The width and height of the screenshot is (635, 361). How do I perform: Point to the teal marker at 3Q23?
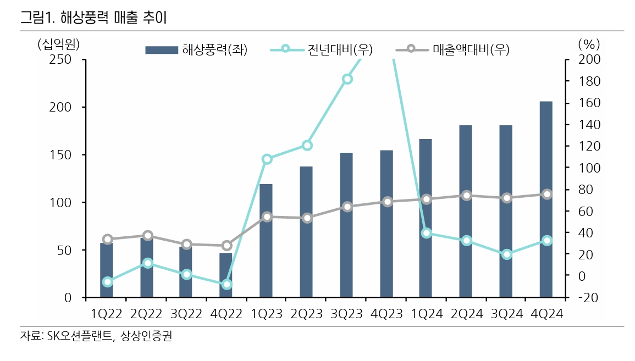coord(347,79)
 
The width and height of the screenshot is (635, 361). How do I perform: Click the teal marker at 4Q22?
coord(227,285)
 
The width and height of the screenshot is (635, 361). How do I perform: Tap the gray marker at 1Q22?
coord(108,239)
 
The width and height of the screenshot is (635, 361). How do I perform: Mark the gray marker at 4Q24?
coord(546,195)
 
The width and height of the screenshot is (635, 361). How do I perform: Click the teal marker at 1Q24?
coord(426,233)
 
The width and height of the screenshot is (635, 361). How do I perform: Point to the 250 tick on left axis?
coord(61,59)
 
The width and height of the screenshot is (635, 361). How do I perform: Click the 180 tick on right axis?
coord(584,81)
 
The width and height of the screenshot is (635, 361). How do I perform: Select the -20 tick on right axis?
coord(584,298)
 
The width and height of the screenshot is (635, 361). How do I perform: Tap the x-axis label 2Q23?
coord(307,314)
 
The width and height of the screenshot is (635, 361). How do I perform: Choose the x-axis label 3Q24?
coord(506,314)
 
